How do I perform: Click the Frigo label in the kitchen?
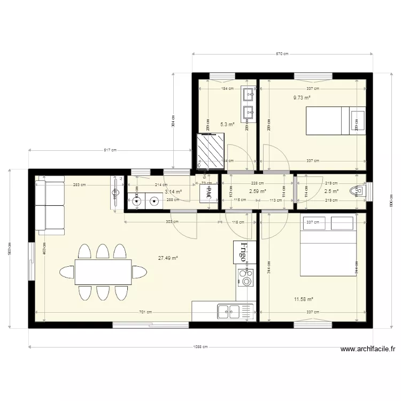[244, 252]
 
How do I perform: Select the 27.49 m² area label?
[168, 258]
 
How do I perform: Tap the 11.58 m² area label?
[303, 300]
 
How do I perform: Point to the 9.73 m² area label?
[302, 98]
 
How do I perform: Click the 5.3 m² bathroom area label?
[227, 124]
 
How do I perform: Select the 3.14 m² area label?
[173, 191]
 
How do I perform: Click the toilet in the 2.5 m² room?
[357, 190]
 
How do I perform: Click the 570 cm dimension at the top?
[282, 54]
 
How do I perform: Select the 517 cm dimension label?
[110, 151]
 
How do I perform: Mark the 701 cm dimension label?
[145, 312]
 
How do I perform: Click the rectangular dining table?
[103, 272]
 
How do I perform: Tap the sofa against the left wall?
[49, 206]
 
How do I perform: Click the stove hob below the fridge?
[246, 277]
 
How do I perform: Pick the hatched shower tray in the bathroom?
[207, 151]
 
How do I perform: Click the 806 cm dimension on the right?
[391, 199]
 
